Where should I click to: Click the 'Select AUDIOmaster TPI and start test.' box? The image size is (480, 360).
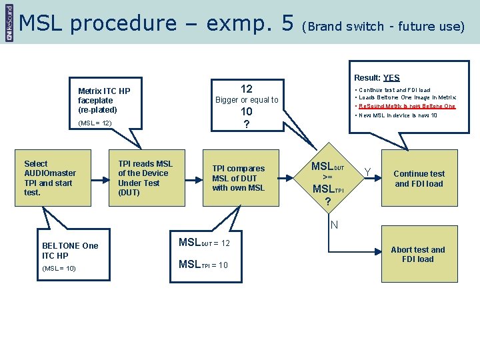point(50,178)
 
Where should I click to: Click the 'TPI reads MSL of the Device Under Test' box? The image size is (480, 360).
point(145,178)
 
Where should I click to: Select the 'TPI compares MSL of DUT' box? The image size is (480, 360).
point(238,178)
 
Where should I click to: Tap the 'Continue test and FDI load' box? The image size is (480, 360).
point(419,179)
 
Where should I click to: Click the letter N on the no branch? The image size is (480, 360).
point(335,225)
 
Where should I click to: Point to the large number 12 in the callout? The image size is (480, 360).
point(247,89)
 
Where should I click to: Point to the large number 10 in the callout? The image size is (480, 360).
point(247,112)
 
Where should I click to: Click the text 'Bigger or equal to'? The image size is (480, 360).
point(247,100)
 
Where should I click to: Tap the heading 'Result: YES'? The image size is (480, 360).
point(377,78)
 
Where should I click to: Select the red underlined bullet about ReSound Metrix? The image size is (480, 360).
point(407,106)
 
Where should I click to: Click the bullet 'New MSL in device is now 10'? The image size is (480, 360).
point(397,115)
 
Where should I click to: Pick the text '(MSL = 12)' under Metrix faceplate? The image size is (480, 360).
point(95,123)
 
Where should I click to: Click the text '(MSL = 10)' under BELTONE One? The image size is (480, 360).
point(59,268)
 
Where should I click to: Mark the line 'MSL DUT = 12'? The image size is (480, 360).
point(204,243)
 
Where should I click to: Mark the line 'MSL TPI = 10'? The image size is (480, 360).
point(203,265)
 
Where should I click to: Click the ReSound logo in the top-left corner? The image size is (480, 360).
point(9,22)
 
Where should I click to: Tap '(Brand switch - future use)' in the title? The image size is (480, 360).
point(383,27)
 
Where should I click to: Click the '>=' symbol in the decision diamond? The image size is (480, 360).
point(327,177)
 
